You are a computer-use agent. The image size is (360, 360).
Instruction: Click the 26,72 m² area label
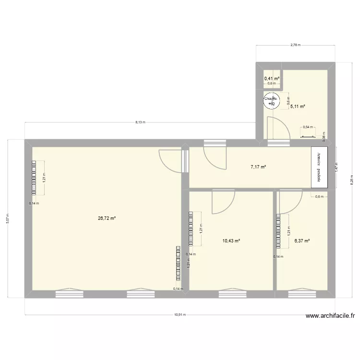pos(107,218)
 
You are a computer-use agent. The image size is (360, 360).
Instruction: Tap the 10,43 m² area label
pos(231,240)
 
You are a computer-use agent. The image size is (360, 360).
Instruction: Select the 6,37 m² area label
pos(302,241)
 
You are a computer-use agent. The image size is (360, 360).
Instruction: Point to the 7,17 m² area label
pos(258,167)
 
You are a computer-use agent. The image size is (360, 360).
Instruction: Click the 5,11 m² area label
pos(298,107)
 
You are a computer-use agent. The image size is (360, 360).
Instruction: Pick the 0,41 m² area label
pos(272,78)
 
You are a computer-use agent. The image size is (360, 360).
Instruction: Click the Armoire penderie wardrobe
pos(319,168)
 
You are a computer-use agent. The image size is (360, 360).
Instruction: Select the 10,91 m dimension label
pos(180,315)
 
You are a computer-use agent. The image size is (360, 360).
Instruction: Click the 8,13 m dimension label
pos(140,122)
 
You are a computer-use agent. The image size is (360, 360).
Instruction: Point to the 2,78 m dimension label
pos(295,45)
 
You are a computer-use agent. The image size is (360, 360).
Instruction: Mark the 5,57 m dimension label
pos(8,218)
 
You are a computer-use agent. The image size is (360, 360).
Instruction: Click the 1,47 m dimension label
pos(336,168)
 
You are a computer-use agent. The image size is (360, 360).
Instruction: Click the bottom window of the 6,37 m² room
pos(302,293)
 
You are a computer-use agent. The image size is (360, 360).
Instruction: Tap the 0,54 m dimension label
pos(307,128)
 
